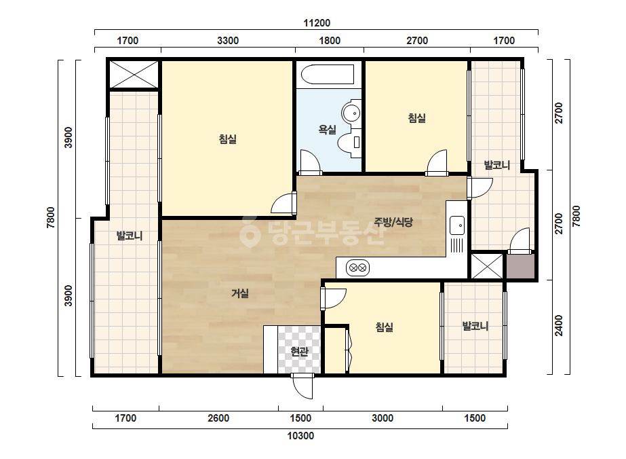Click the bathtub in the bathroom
pyautogui.click(x=328, y=75)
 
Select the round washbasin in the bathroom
pyautogui.click(x=351, y=113)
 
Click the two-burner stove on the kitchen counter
pyautogui.click(x=357, y=268)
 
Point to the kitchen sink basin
pyautogui.click(x=457, y=225)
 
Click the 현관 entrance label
pyautogui.click(x=299, y=352)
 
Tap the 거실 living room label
pyautogui.click(x=240, y=293)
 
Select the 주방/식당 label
pyautogui.click(x=393, y=222)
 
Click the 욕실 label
pyautogui.click(x=327, y=129)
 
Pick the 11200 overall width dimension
pyautogui.click(x=317, y=23)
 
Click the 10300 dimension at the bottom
pyautogui.click(x=300, y=436)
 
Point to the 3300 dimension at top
pyautogui.click(x=228, y=40)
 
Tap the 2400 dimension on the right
pyautogui.click(x=559, y=326)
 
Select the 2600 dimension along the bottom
pyautogui.click(x=218, y=418)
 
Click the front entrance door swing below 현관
pyautogui.click(x=302, y=386)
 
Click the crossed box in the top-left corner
pyautogui.click(x=134, y=75)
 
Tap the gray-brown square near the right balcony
pyautogui.click(x=521, y=266)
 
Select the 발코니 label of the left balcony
pyautogui.click(x=130, y=236)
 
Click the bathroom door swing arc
pyautogui.click(x=311, y=162)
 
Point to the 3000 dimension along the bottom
pyautogui.click(x=383, y=418)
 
